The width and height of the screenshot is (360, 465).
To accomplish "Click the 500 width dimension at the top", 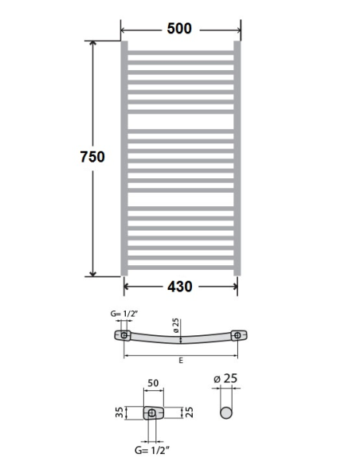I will (x=179, y=29).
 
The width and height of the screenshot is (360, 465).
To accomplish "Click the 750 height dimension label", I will (x=92, y=157).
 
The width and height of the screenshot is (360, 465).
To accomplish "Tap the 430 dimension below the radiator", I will (x=179, y=287).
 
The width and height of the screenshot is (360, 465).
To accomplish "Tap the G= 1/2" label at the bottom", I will (x=152, y=451).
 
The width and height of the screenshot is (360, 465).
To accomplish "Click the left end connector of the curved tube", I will (x=126, y=335).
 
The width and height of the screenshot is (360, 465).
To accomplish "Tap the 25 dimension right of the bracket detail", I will (x=189, y=412).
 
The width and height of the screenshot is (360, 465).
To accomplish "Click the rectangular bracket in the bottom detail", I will (x=151, y=413).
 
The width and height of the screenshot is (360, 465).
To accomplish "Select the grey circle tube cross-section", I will (x=226, y=414).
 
